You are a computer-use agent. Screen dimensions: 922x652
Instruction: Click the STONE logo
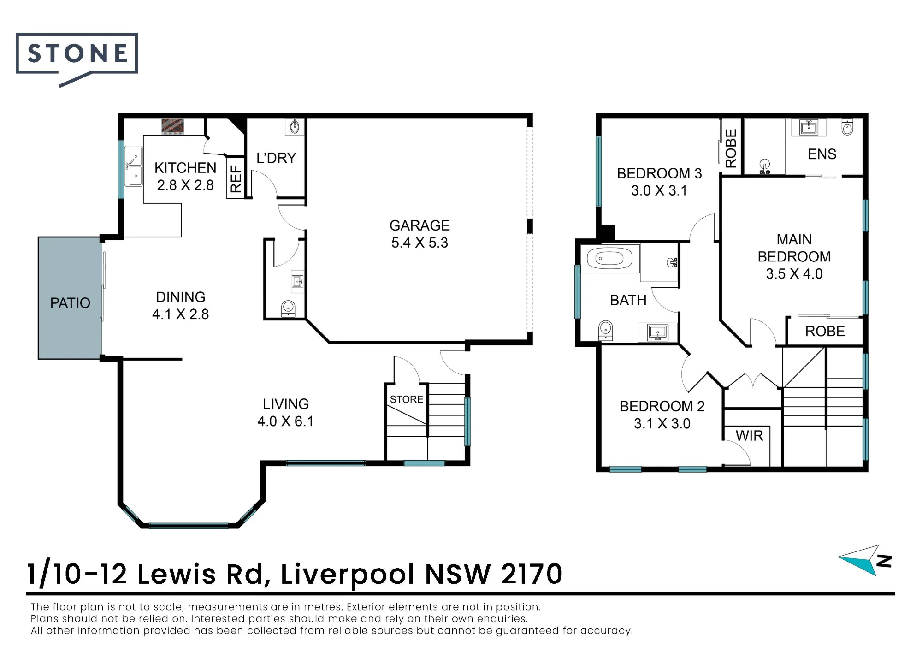coord(77,58)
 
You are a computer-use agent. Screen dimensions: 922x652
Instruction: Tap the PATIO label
coord(70,303)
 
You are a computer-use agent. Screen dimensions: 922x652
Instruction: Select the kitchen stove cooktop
coord(173,126)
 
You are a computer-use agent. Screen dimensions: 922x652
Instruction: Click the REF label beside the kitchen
coord(236,179)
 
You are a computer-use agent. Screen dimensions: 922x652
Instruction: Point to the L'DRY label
coord(276,158)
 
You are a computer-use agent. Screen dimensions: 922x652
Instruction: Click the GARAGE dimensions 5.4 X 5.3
coord(420,243)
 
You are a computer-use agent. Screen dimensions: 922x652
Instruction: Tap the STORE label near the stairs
coord(407,399)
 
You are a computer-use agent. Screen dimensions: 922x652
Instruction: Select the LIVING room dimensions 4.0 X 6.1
coord(285,421)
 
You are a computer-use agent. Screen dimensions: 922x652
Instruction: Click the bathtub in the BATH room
coord(610,259)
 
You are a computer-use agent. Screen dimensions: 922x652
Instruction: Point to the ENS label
coord(822,154)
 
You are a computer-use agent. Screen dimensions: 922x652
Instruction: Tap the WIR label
coord(750,436)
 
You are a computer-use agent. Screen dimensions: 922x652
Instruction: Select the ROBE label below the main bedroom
coord(825,331)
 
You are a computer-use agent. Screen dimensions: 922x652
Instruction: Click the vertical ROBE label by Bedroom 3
coord(731,148)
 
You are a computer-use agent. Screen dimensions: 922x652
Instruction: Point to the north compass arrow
coord(859,560)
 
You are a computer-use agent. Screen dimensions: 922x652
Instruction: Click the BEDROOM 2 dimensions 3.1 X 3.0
coord(662,423)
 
